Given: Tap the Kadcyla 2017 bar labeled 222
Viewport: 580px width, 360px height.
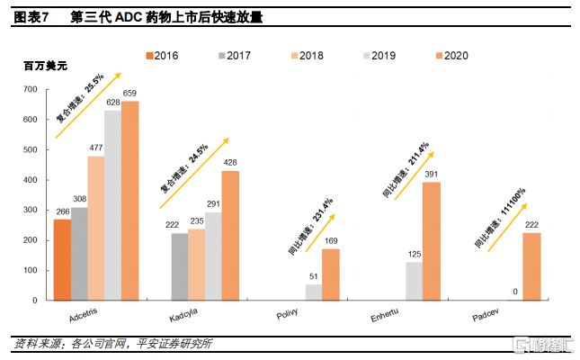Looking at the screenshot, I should point(180,266).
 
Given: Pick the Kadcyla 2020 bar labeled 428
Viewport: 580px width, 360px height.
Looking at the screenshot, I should point(231,235).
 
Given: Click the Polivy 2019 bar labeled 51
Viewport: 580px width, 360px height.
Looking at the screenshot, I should point(313,292).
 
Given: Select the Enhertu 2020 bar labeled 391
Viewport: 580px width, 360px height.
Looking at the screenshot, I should point(431,241).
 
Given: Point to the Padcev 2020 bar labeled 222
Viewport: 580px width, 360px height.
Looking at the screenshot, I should point(531,266).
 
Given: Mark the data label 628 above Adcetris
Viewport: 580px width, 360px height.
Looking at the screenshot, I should point(113,103).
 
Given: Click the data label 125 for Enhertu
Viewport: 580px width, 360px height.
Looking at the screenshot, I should point(414,255).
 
